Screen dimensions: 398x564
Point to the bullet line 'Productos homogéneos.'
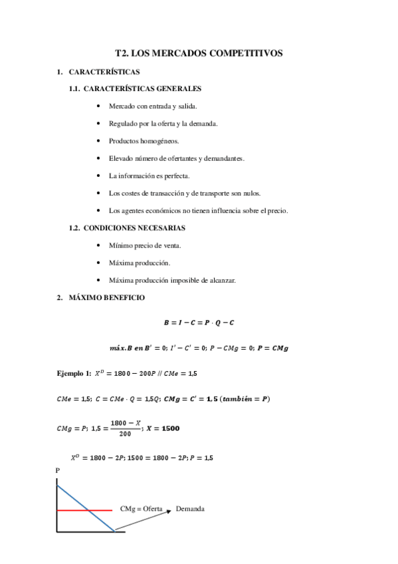144,141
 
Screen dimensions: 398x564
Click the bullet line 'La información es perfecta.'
149,176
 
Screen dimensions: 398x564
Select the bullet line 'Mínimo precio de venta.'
144,245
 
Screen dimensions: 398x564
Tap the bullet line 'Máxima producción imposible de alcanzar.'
172,280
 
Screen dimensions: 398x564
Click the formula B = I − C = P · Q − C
199,323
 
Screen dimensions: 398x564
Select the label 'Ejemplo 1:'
75,374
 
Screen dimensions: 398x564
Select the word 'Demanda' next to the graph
190,509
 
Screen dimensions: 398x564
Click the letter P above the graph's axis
58,470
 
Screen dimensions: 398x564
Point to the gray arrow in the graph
143,520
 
